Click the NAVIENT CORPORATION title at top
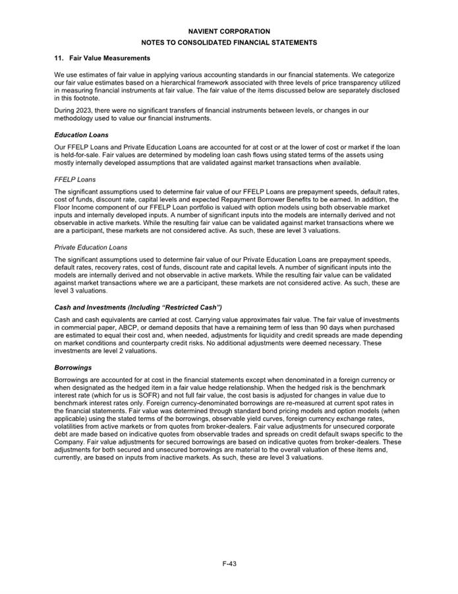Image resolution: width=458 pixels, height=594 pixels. click(x=229, y=31)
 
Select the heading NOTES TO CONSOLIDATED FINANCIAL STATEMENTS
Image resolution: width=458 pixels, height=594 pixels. click(x=229, y=43)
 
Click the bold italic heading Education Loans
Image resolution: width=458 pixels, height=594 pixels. click(x=81, y=135)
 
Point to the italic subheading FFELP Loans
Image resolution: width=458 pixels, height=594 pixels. click(x=74, y=180)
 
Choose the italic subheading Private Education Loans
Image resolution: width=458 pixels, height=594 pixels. click(x=91, y=247)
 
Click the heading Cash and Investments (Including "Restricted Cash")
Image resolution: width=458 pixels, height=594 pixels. click(x=138, y=308)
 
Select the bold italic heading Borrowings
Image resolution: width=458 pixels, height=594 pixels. click(x=72, y=367)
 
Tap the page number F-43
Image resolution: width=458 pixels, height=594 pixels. click(x=229, y=563)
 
